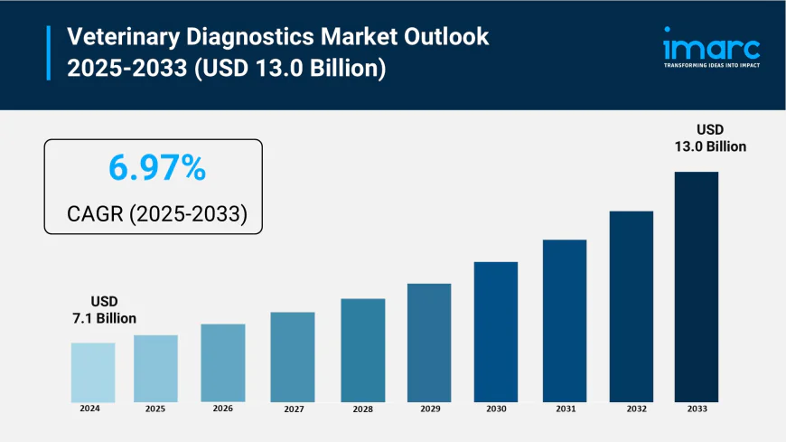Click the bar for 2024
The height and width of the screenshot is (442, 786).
tap(93, 372)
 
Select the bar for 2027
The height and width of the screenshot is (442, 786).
tap(293, 357)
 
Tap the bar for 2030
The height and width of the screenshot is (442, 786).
tap(496, 332)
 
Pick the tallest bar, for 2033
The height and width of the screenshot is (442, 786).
tap(696, 287)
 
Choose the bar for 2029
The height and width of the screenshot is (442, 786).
tap(429, 343)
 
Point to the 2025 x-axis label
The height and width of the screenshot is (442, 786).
tap(155, 409)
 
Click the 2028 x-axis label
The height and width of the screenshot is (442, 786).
tap(362, 409)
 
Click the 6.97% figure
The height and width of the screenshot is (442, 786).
tap(156, 169)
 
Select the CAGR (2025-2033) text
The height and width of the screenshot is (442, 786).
tap(156, 214)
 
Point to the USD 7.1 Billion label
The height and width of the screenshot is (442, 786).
tap(104, 309)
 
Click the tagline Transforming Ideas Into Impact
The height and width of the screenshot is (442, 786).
tap(711, 65)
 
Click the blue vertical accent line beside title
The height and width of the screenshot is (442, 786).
tap(48, 53)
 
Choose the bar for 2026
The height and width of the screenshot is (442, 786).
tap(223, 362)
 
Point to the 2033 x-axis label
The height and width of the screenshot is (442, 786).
tap(696, 409)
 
